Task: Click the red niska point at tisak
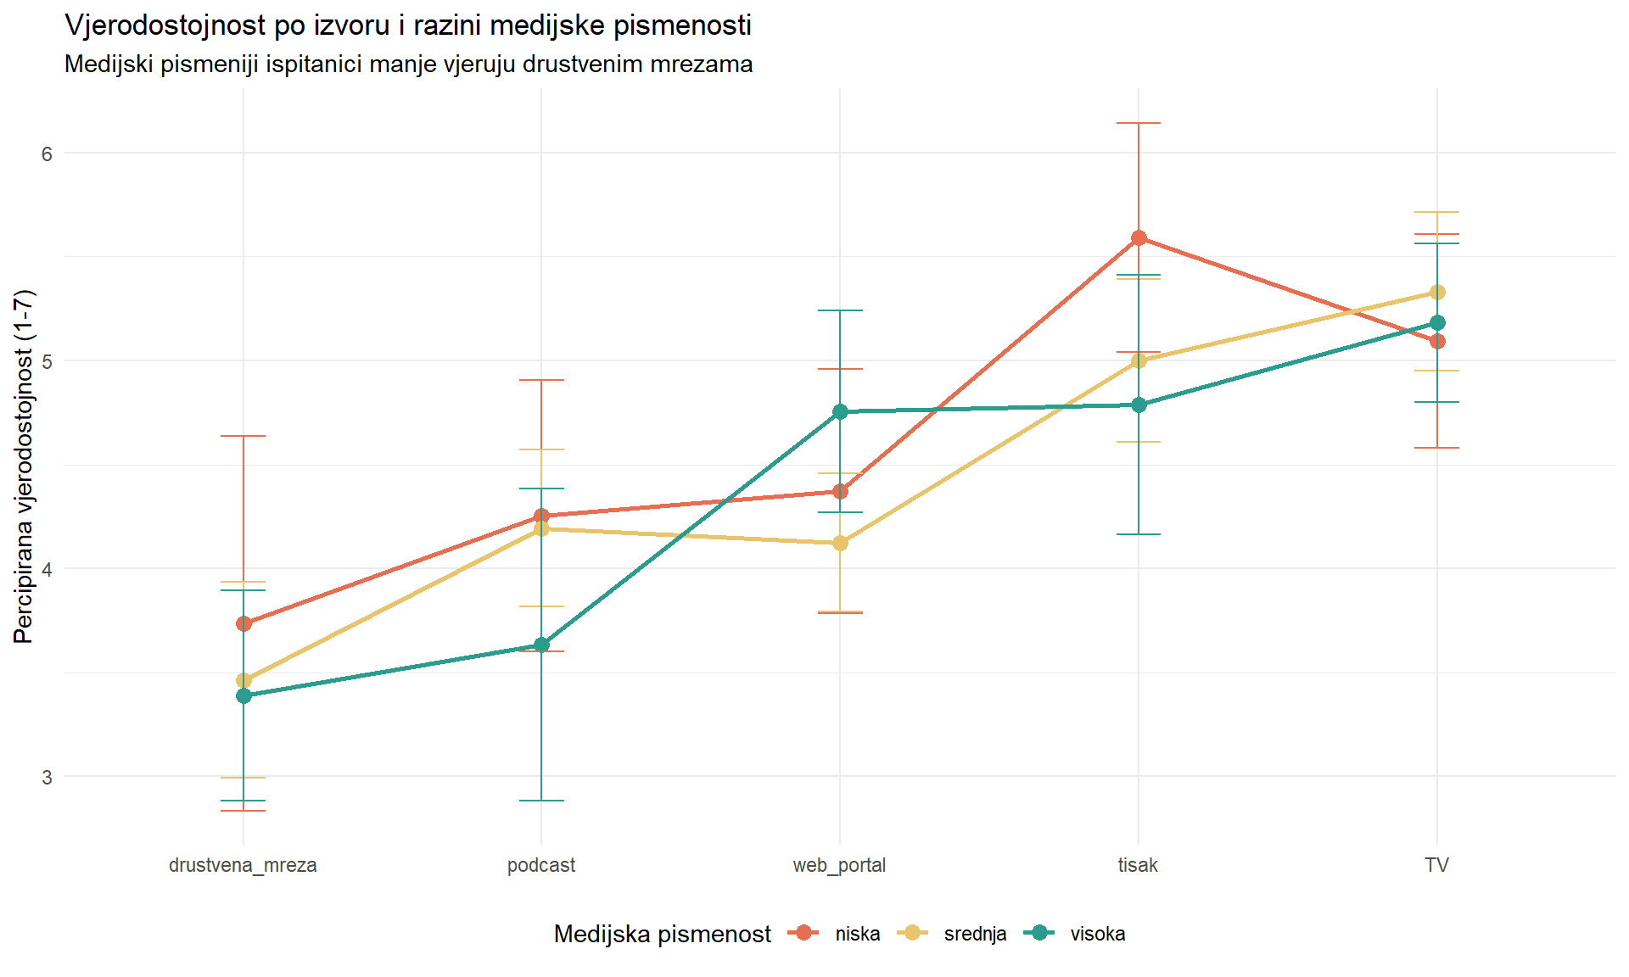pos(1139,238)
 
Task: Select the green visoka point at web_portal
pos(840,412)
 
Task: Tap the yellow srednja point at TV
pos(1437,293)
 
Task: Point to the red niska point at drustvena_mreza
pos(244,624)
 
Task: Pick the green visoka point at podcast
pos(541,645)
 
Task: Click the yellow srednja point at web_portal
pos(840,544)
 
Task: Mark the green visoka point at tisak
pos(1139,405)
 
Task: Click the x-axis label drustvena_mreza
pos(243,865)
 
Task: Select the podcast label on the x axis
pos(541,865)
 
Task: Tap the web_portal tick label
pos(839,865)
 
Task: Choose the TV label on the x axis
pos(1436,865)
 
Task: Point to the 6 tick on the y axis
pos(47,154)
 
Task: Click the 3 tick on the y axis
pos(47,777)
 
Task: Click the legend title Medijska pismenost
pos(662,934)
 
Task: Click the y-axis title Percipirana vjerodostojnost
pos(24,466)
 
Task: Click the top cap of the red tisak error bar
pos(1139,124)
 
